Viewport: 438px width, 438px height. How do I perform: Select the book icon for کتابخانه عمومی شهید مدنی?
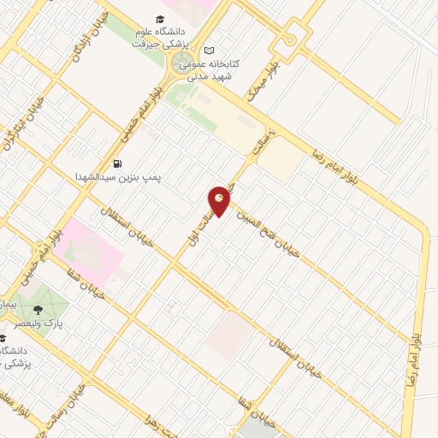coord(210,50)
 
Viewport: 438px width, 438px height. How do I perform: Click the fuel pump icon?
coord(116,163)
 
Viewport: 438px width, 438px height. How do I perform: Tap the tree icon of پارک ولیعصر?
coord(37,311)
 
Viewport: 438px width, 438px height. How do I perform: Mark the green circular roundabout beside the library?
coord(183,64)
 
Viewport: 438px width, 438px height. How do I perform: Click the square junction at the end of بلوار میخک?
coord(291,39)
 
